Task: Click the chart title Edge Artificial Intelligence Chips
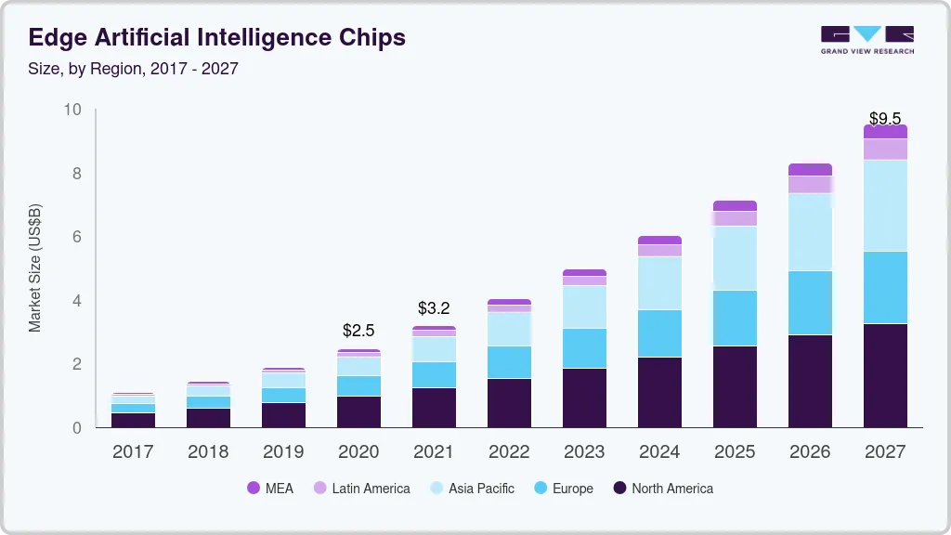[x=216, y=38]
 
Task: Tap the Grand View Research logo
[x=866, y=40]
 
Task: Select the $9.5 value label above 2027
[x=884, y=118]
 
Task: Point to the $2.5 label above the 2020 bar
[x=358, y=330]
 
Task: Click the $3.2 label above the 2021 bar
[x=434, y=308]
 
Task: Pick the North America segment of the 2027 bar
[x=884, y=375]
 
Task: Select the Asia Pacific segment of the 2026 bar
[x=810, y=232]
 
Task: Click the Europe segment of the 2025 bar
[x=735, y=318]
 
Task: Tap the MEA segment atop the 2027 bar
[x=884, y=131]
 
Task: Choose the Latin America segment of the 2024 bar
[x=659, y=251]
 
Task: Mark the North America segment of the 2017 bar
[x=133, y=420]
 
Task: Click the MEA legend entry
[x=269, y=488]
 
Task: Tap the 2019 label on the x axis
[x=283, y=452]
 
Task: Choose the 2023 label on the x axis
[x=584, y=452]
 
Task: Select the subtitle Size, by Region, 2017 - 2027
[x=133, y=69]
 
